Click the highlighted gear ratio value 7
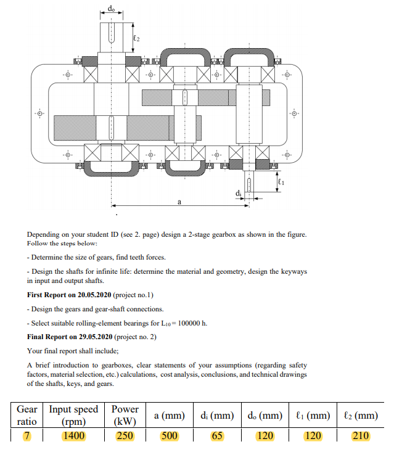coord(27,436)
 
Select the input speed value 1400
coord(73,436)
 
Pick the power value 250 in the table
coord(125,436)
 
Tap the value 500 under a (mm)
coord(169,436)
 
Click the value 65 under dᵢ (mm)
coord(216,436)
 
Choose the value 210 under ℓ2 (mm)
coord(360,436)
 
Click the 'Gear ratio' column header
coord(27,416)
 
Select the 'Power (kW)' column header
coord(125,416)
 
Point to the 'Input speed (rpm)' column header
coord(73,416)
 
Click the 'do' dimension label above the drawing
coord(111,8)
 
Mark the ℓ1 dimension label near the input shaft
coord(282,181)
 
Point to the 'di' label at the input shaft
coord(238,194)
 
